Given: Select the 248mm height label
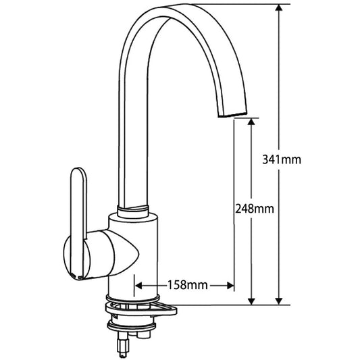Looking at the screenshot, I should pyautogui.click(x=254, y=209).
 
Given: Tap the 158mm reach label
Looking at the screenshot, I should pyautogui.click(x=186, y=285).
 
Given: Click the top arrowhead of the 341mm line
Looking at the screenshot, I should pyautogui.click(x=278, y=8).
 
